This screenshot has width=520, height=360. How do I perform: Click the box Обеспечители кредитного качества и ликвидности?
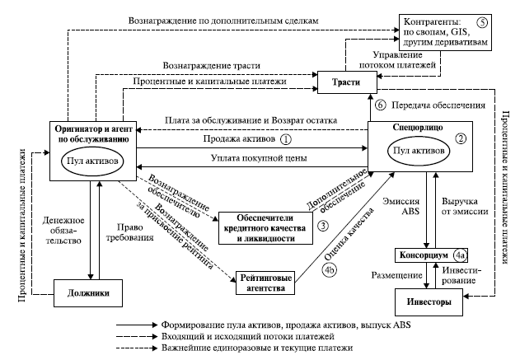coord(267,223)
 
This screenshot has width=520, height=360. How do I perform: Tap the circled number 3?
coord(324,224)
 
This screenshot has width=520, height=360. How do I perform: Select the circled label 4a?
coord(464,255)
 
